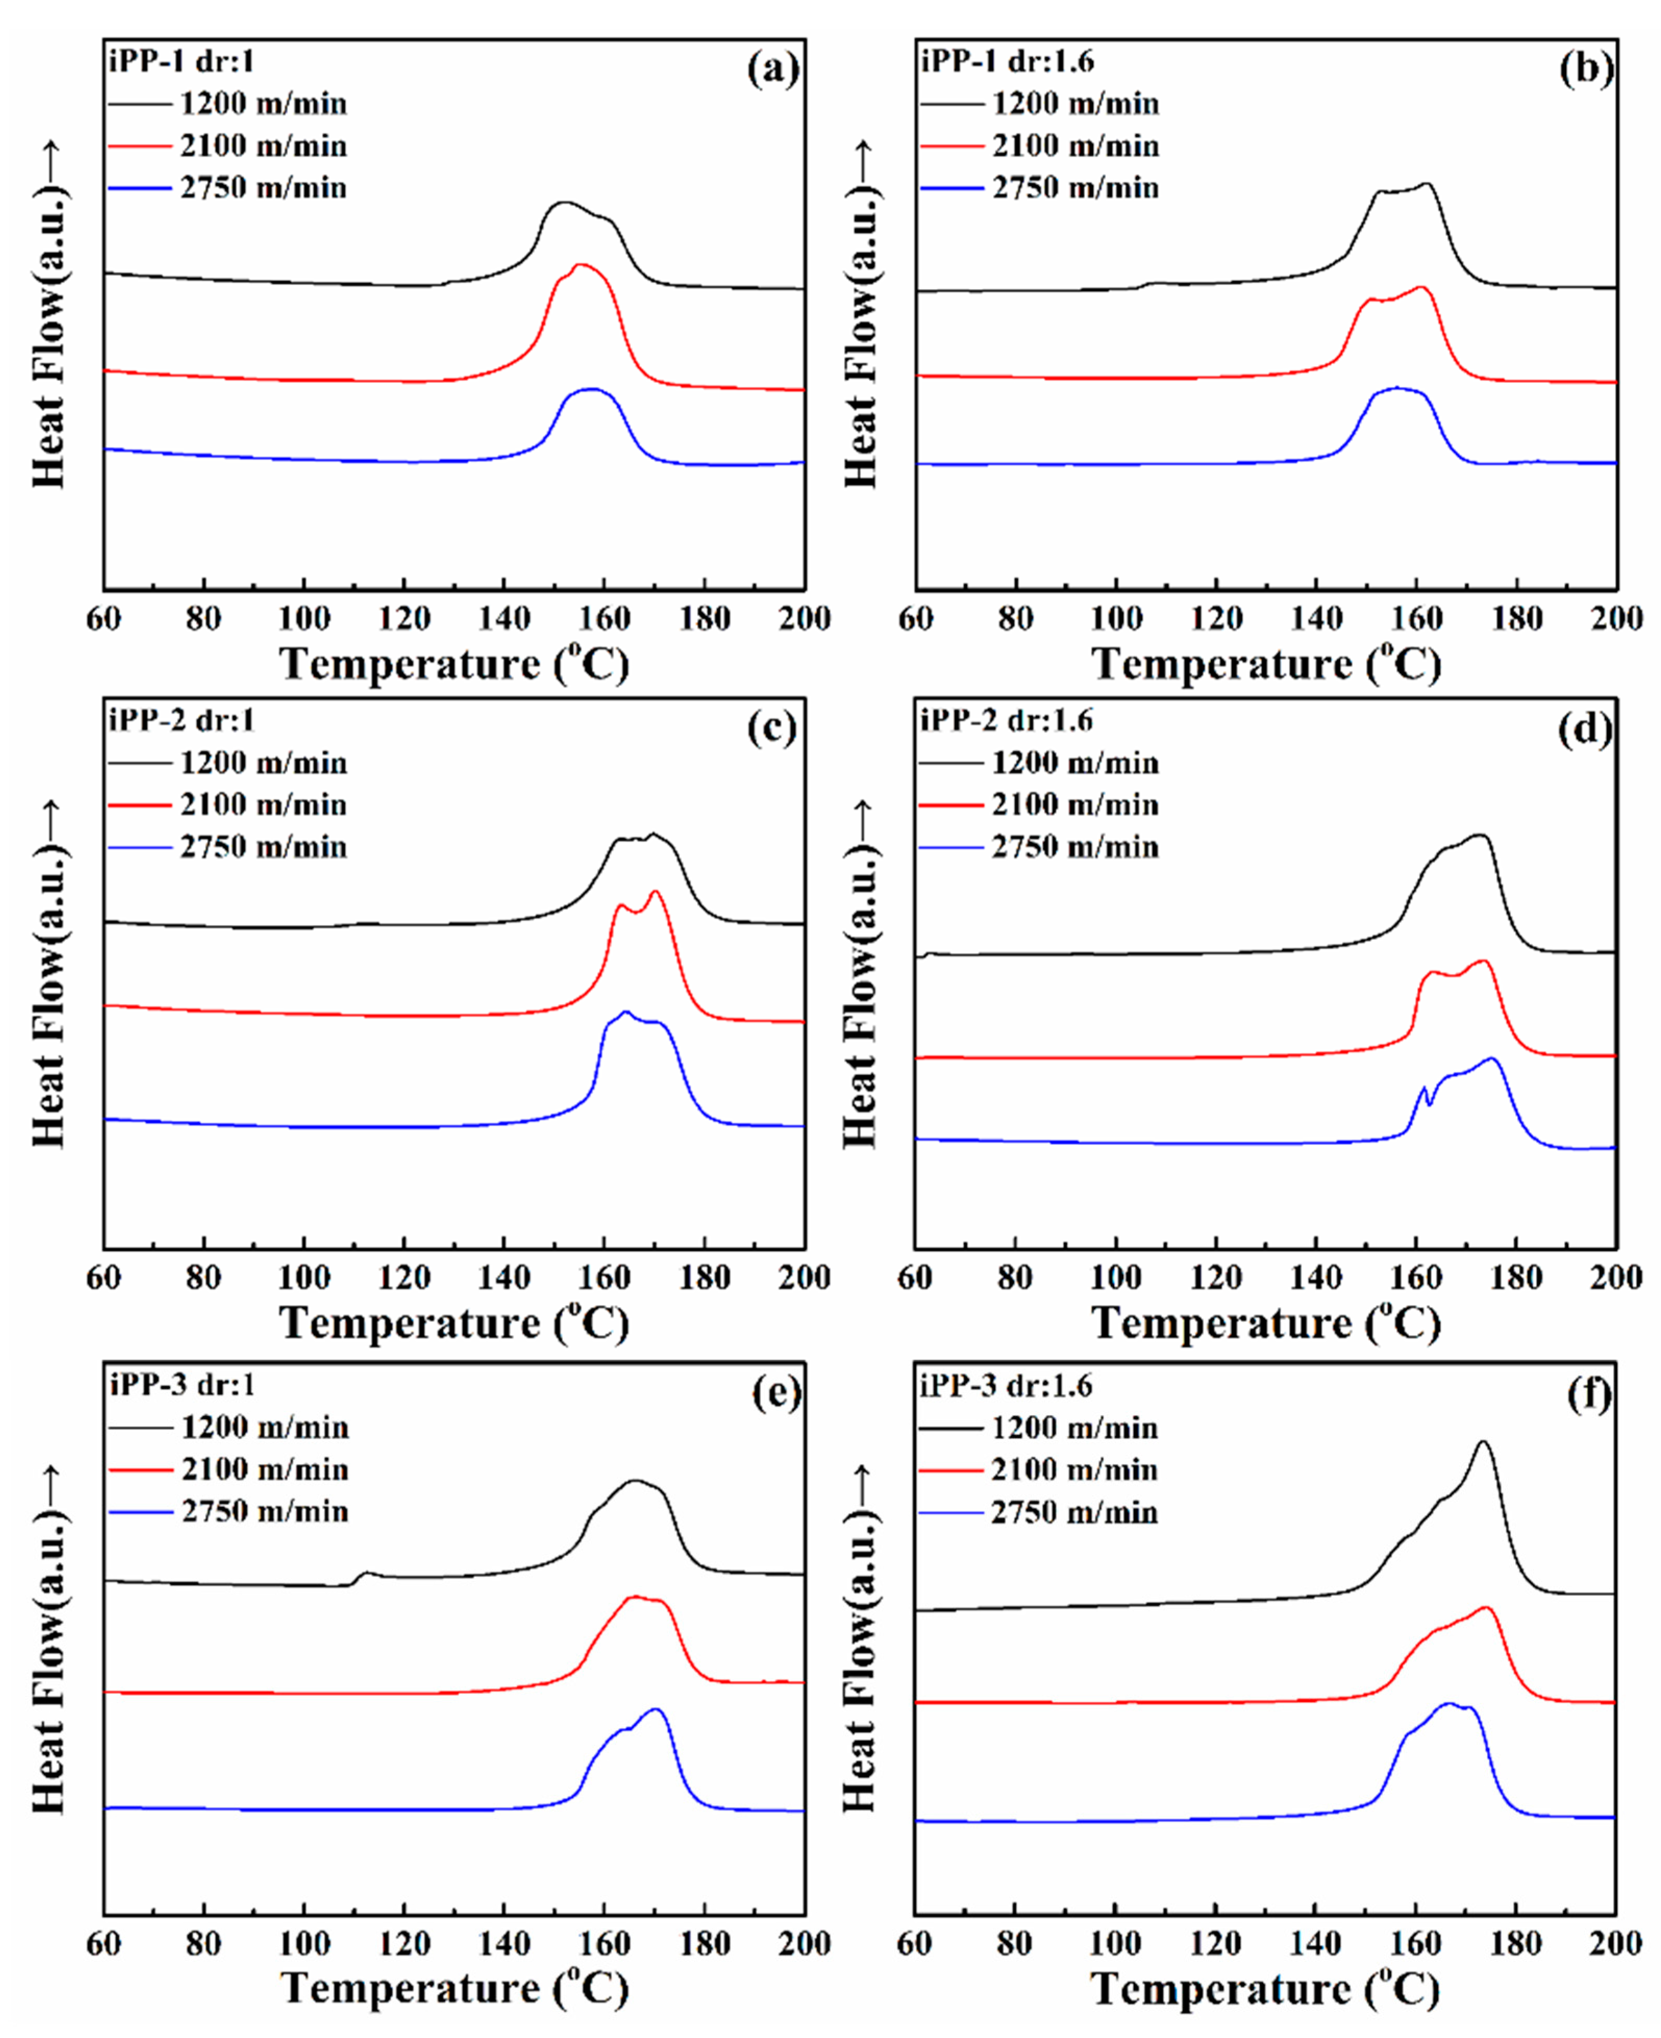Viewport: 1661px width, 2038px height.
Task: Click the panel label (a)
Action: point(772,69)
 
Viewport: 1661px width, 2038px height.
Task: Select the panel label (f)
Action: point(1588,1394)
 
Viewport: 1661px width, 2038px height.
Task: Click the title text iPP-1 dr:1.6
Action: point(1007,61)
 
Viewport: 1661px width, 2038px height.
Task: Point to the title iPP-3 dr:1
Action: point(182,1385)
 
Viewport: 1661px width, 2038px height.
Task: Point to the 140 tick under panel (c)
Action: point(504,1278)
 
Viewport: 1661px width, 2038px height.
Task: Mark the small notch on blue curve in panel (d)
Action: point(1429,1102)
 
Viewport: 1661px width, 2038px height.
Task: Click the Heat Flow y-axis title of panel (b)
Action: point(861,316)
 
